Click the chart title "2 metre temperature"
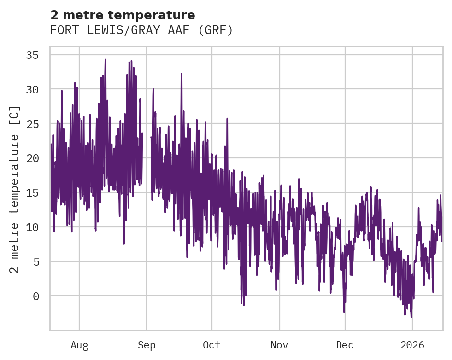123,15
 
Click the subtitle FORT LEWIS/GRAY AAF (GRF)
141,30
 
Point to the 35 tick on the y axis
32,55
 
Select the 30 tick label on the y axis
32,89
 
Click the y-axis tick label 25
32,124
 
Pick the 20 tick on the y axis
32,158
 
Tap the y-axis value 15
32,192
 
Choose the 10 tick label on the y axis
32,227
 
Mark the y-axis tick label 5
35,261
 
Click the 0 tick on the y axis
35,296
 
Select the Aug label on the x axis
79,345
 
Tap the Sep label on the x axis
147,345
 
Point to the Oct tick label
212,345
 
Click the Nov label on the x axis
279,345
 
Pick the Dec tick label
345,345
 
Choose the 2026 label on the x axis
412,345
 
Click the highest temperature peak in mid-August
105,60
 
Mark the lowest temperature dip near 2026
411,317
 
